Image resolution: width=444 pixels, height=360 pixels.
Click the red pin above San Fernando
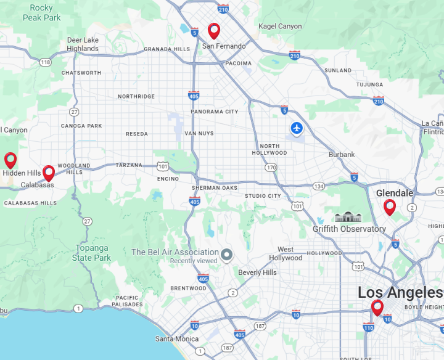[x=214, y=30]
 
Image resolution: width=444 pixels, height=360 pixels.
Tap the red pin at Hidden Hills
[x=10, y=160]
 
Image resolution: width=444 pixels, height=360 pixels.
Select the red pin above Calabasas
[x=49, y=173]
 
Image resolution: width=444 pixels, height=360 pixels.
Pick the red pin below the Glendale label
[x=390, y=207]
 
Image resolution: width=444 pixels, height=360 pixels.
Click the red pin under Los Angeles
[x=377, y=306]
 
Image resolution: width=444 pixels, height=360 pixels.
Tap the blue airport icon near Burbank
[x=297, y=129]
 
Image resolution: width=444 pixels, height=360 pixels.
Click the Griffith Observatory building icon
[x=346, y=216]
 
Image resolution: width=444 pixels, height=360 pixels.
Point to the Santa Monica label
[x=177, y=338]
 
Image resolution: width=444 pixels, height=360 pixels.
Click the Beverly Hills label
[x=258, y=272]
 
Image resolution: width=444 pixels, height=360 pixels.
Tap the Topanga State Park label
[x=92, y=253]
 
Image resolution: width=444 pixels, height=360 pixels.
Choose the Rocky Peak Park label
[x=42, y=13]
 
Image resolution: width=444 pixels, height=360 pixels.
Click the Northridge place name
[x=136, y=96]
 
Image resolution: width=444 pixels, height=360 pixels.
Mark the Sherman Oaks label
[x=214, y=187]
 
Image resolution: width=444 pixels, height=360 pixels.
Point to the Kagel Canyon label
[x=281, y=27]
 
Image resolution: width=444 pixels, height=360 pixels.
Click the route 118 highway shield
[x=45, y=62]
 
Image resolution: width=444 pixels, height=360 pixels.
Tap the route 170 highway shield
[x=271, y=167]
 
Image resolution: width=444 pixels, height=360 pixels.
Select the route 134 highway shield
[x=318, y=186]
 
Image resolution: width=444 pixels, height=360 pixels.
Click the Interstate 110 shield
[x=368, y=327]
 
